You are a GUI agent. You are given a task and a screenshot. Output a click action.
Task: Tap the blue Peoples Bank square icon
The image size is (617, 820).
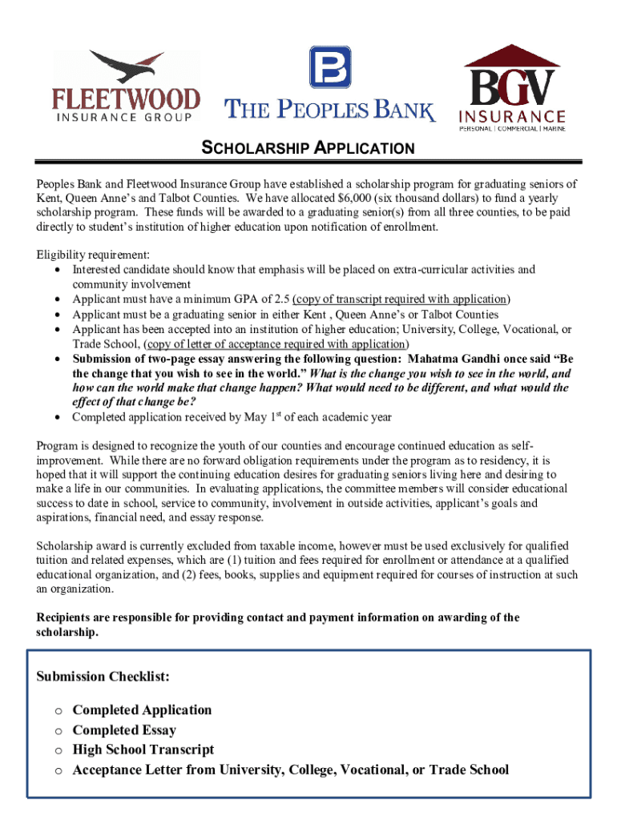330,66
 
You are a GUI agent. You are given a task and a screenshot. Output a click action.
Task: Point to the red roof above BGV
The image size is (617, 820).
512,57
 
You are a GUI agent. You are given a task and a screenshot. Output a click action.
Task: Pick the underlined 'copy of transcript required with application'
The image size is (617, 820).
401,299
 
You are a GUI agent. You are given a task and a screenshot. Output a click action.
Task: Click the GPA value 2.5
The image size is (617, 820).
282,299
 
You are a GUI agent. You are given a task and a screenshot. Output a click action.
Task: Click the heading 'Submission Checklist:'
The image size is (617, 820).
103,677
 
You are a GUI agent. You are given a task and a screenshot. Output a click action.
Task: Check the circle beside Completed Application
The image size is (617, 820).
58,711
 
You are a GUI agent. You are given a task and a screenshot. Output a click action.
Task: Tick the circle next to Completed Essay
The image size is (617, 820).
58,731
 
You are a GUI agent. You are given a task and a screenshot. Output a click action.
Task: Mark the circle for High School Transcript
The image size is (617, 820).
58,751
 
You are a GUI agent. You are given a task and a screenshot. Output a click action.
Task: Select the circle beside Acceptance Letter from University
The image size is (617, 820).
58,771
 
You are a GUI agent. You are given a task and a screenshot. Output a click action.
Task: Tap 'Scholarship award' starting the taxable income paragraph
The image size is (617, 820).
81,545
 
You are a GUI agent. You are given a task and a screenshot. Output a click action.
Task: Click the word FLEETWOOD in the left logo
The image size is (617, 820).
126,99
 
